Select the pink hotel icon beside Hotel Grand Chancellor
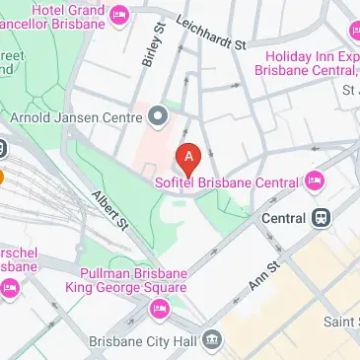pyautogui.click(x=120, y=13)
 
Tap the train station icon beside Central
pyautogui.click(x=320, y=217)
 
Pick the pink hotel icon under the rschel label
pyautogui.click(x=10, y=288)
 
